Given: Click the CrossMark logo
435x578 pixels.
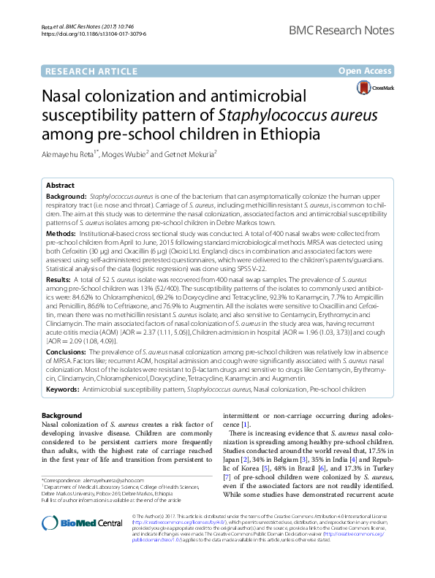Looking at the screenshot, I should (x=374, y=88).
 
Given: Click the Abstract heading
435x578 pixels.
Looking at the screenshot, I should (x=62, y=186).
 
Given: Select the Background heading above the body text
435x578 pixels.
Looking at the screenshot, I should (x=62, y=415).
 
